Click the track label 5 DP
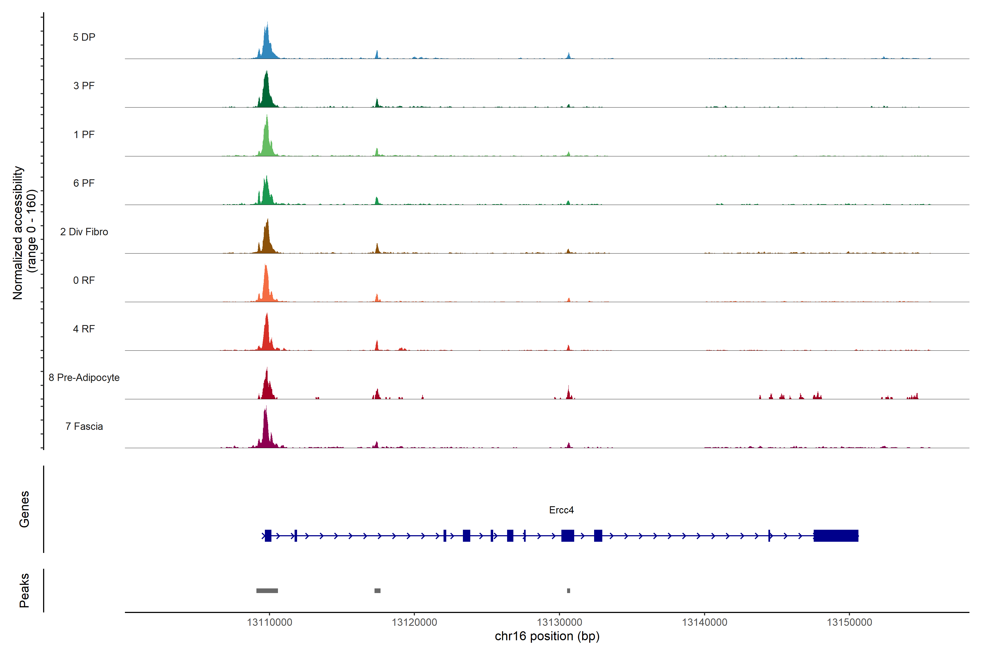point(84,37)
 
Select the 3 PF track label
point(84,86)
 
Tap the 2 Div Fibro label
point(84,232)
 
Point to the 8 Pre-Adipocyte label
point(84,378)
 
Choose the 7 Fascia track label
point(84,427)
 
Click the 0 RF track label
point(84,280)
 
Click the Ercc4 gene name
point(561,510)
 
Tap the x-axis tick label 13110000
point(269,623)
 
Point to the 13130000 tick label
point(559,623)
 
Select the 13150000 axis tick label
point(849,623)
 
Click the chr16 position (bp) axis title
point(547,636)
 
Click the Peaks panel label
point(24,590)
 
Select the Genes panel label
point(24,509)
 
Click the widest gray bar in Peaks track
point(267,591)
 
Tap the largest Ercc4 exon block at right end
point(836,535)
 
